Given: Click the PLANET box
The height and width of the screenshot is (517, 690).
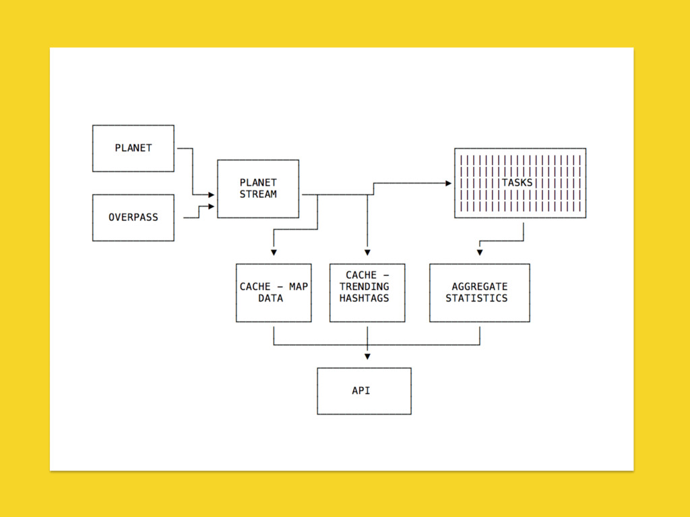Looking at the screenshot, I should pyautogui.click(x=133, y=148).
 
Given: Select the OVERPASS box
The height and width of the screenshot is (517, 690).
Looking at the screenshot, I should pyautogui.click(x=133, y=217).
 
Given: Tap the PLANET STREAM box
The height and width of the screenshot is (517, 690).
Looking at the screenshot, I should pyautogui.click(x=258, y=188).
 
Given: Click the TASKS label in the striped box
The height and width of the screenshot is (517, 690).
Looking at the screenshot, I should pyautogui.click(x=517, y=182).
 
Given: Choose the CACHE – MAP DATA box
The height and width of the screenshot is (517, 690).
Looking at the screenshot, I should pyautogui.click(x=274, y=292).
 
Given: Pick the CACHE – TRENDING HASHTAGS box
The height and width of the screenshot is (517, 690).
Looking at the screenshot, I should pyautogui.click(x=367, y=292).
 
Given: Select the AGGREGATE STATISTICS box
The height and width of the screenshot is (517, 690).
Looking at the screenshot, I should pyautogui.click(x=479, y=292).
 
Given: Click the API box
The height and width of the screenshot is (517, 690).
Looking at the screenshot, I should pyautogui.click(x=364, y=390).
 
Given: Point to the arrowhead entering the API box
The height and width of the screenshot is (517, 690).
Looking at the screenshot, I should pyautogui.click(x=367, y=356).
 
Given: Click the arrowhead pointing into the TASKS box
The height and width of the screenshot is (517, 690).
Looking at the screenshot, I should pyautogui.click(x=447, y=182).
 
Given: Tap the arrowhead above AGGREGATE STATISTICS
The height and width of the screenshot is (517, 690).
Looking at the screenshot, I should pyautogui.click(x=480, y=253).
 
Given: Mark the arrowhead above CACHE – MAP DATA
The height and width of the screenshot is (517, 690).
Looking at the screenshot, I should pyautogui.click(x=274, y=253).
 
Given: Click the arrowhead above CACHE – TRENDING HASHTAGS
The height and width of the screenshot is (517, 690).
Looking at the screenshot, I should pyautogui.click(x=367, y=253).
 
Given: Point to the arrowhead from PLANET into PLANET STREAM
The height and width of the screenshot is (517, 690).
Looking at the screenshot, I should pyautogui.click(x=211, y=195).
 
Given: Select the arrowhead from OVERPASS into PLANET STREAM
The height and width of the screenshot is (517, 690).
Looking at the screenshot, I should pyautogui.click(x=211, y=206).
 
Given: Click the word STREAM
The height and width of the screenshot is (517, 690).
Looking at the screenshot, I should pyautogui.click(x=258, y=195).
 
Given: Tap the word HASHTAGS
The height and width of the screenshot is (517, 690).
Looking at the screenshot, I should pyautogui.click(x=365, y=298).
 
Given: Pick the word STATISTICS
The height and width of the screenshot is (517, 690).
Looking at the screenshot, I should pyautogui.click(x=476, y=298).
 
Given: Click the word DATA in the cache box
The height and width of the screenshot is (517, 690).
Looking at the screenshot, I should pyautogui.click(x=271, y=298).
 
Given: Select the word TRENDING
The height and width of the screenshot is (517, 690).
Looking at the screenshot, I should pyautogui.click(x=365, y=287).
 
